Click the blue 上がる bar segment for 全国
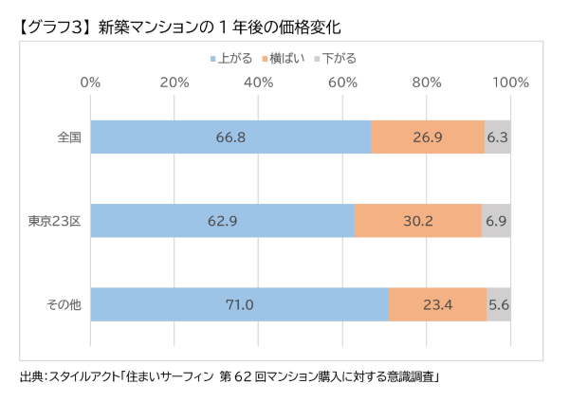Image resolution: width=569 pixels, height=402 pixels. tap(230, 137)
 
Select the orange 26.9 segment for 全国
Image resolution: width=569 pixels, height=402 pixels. tap(428, 137)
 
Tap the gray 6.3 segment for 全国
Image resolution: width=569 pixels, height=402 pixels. tap(498, 137)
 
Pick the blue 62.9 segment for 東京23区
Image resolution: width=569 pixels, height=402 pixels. tap(222, 222)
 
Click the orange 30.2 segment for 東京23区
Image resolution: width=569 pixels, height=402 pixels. tap(418, 222)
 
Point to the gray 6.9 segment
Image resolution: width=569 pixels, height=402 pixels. tap(497, 222)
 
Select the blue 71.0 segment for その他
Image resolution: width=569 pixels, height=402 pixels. tap(239, 305)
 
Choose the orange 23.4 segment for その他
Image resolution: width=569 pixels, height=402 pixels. tap(438, 305)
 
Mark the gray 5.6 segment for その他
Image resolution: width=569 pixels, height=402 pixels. tap(500, 305)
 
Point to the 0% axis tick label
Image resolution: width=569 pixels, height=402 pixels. tap(90, 82)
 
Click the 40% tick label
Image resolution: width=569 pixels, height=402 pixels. tap(259, 82)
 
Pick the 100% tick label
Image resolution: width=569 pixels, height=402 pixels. tap(510, 82)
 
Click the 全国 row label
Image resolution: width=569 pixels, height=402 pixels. tap(67, 137)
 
